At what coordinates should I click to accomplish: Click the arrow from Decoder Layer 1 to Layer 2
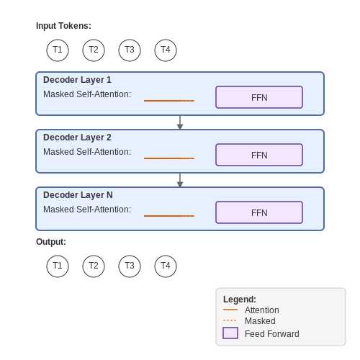(x=180, y=122)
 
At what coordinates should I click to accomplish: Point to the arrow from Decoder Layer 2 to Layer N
(x=180, y=180)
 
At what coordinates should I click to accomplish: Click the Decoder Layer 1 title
(x=77, y=80)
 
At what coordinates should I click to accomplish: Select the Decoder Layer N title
(x=78, y=195)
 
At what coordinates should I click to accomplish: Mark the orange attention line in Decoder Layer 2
(x=169, y=158)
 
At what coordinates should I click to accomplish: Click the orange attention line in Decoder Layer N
(x=169, y=216)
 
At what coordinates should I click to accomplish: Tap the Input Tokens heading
(x=63, y=26)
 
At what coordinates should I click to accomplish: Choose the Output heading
(x=51, y=242)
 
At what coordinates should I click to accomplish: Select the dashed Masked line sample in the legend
(x=230, y=320)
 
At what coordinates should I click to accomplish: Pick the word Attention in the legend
(x=262, y=310)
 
